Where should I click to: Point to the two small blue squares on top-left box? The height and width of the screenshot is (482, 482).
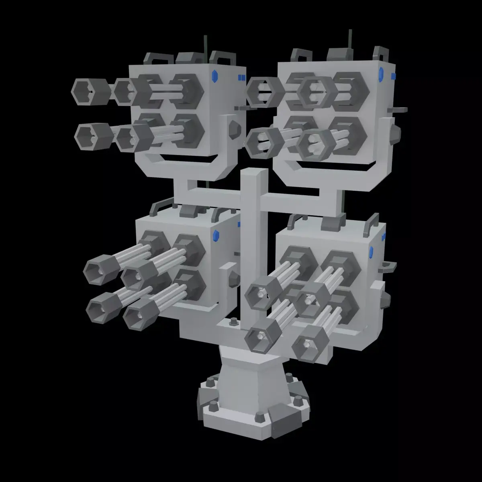point(241,78)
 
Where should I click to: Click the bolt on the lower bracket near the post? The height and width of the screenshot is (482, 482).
point(233,321)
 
